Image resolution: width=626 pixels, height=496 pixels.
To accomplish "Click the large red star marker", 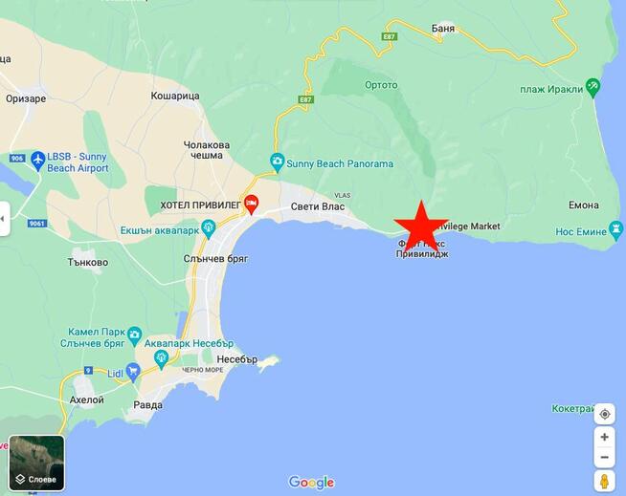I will (x=419, y=226).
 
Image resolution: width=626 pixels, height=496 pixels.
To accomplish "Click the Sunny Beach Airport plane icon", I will (x=37, y=160).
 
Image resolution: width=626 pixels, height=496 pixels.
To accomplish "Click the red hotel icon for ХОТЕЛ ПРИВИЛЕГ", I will (x=251, y=203).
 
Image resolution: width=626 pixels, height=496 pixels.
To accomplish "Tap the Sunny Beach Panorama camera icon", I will (x=277, y=162).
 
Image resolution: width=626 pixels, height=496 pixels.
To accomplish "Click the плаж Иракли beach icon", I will (x=593, y=88).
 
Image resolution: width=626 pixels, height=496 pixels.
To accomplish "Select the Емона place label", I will (x=583, y=205).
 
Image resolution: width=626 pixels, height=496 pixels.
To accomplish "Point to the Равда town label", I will (x=148, y=403).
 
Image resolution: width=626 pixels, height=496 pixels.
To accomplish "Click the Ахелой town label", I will (x=87, y=399).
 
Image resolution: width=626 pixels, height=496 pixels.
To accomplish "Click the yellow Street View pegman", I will (x=605, y=481).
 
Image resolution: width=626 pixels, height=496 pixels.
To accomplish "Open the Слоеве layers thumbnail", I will (x=36, y=464).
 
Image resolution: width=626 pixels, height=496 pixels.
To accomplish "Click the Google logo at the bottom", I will (x=311, y=482).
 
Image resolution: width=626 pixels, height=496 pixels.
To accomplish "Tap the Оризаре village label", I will (x=26, y=97).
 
